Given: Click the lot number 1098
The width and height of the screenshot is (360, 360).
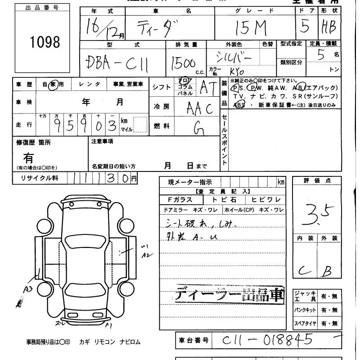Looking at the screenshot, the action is click(45, 42).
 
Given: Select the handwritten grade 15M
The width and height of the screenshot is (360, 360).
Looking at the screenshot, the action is click(254, 28).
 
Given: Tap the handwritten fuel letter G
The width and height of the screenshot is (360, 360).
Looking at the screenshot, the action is click(198, 128).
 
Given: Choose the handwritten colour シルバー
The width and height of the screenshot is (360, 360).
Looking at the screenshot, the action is click(234, 58).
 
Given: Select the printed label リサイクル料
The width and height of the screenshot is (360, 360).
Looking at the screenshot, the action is click(40, 178).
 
